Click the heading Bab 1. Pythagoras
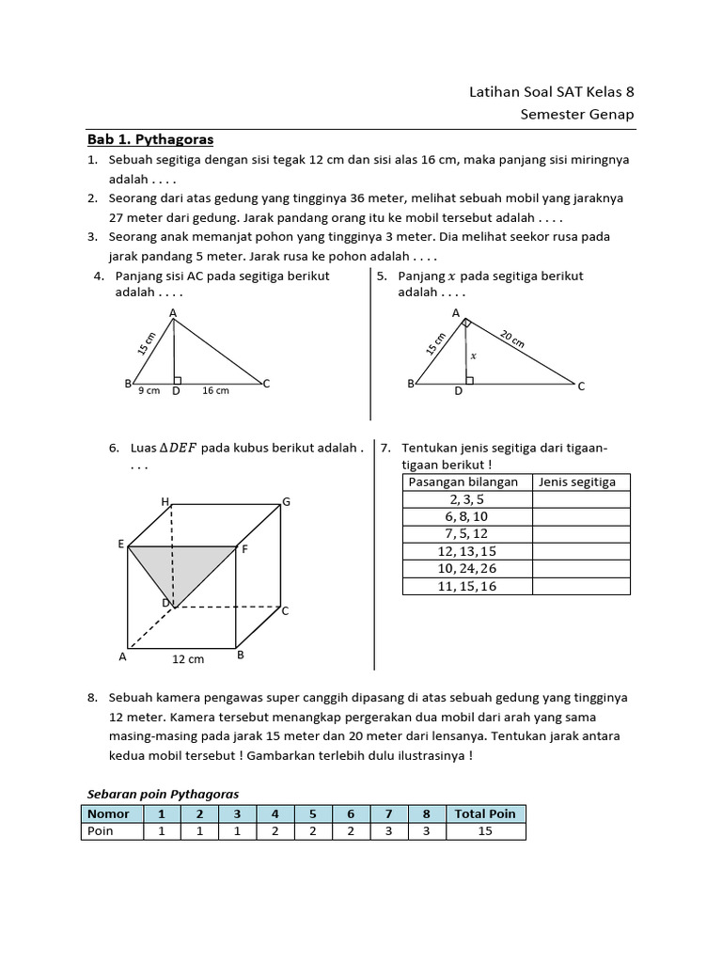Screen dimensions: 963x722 [x=150, y=140]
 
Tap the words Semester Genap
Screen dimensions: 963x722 [x=577, y=115]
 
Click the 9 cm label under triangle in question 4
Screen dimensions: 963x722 [x=149, y=391]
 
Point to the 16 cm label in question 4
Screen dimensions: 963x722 [x=215, y=391]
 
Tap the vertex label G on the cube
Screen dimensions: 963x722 [x=286, y=502]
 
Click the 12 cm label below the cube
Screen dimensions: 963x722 [x=188, y=659]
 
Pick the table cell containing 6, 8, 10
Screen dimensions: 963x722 [x=467, y=517]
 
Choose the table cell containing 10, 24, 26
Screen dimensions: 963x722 [x=467, y=569]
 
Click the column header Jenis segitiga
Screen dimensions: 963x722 [x=576, y=482]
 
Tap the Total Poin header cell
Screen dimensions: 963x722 [x=485, y=813]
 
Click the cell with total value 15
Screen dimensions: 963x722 [x=485, y=831]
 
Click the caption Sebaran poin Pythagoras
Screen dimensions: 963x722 [x=163, y=794]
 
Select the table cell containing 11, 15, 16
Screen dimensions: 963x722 [x=467, y=586]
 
